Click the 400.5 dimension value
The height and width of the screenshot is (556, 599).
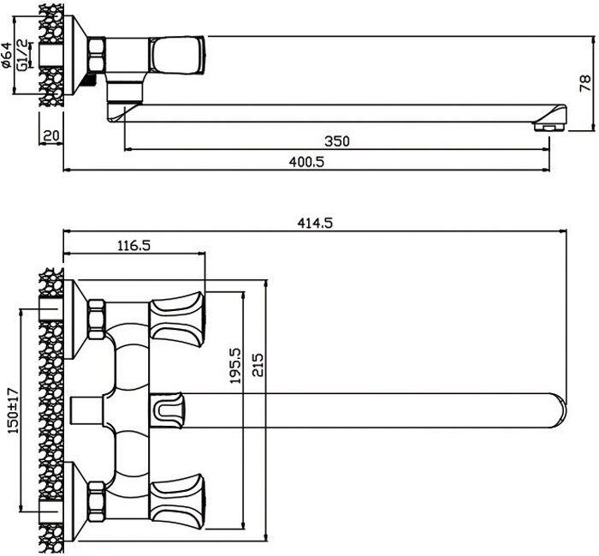click(x=307, y=161)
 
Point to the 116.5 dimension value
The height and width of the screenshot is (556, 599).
click(x=134, y=245)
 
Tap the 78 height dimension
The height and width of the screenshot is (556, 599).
click(x=586, y=83)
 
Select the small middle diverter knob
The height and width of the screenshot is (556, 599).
click(x=168, y=406)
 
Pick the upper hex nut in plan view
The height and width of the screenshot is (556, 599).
click(x=96, y=316)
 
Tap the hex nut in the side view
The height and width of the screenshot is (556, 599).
click(x=96, y=55)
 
